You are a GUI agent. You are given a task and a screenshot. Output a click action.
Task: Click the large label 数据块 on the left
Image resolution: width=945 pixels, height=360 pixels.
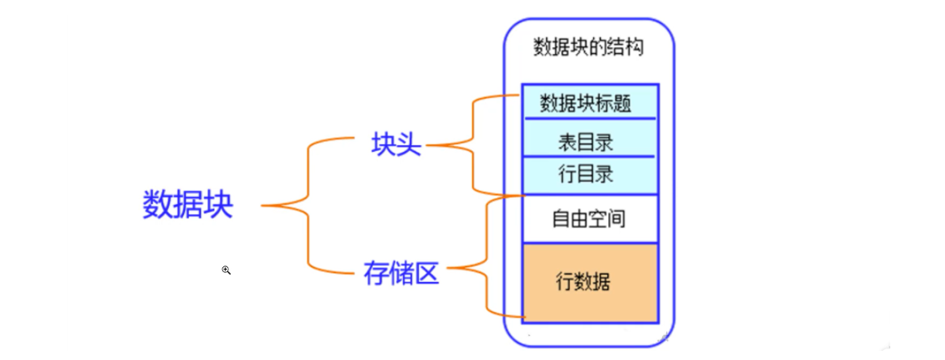coord(188,205)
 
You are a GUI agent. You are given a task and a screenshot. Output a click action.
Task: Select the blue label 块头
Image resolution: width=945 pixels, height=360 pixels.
coord(396,145)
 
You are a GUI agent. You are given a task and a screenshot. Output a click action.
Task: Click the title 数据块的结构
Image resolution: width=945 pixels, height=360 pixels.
coord(588,46)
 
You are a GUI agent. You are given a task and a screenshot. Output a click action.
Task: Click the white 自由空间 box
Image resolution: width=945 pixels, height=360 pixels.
coord(590,219)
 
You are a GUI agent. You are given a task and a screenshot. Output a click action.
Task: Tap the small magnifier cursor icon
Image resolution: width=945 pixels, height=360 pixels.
coord(226,270)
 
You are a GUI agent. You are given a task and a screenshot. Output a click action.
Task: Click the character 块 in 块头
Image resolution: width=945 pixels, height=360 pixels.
coord(383,145)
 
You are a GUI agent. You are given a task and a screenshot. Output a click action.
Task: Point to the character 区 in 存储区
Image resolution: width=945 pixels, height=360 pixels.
coord(426,272)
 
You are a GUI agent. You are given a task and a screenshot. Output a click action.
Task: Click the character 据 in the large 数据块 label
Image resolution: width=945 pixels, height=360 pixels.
coord(188,205)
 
